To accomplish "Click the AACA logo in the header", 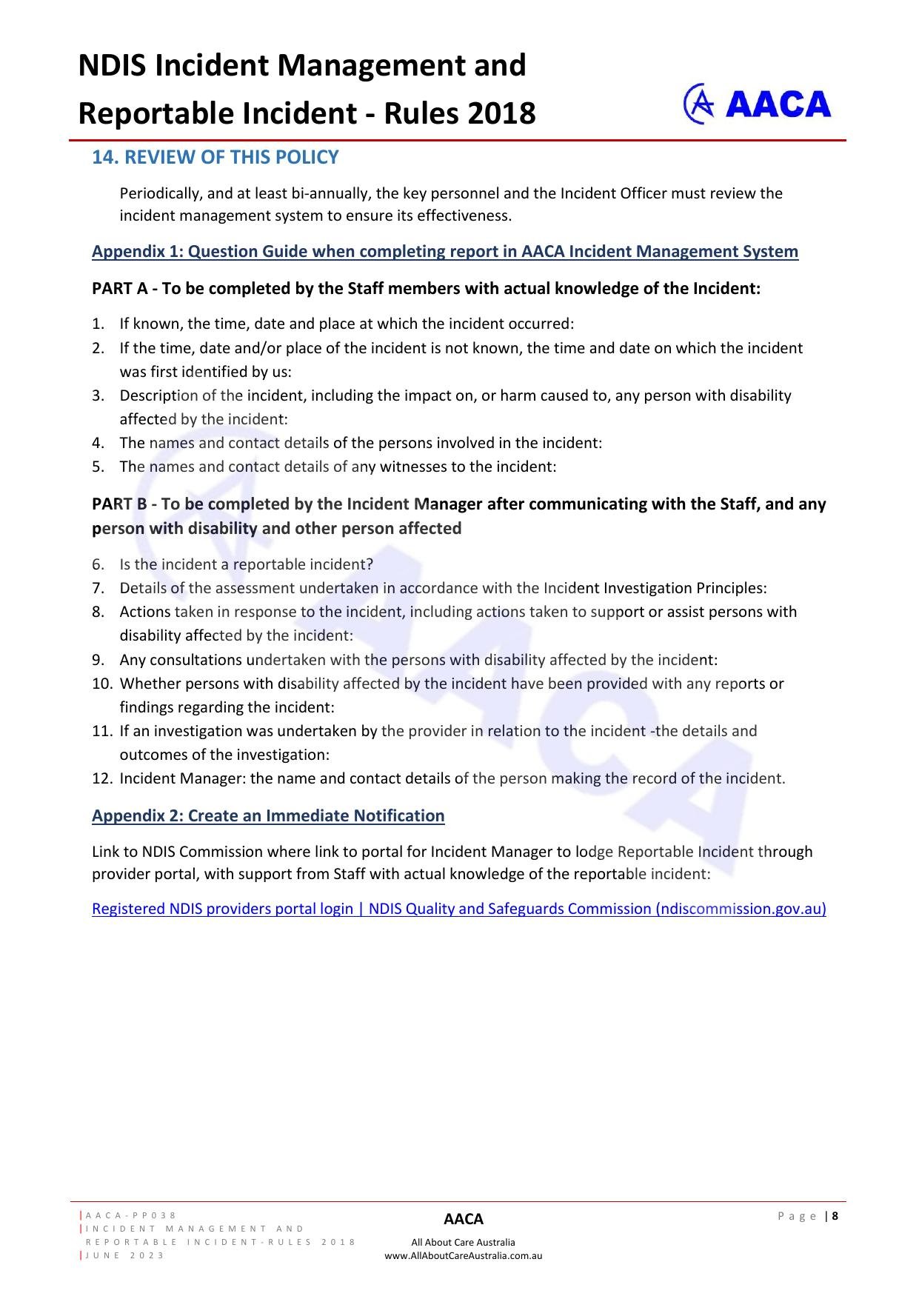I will tap(756, 104).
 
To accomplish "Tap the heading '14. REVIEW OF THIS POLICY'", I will tap(215, 157).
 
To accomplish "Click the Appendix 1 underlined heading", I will tap(444, 251).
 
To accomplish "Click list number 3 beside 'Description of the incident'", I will tap(98, 395).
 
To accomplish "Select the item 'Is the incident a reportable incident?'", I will tap(246, 564).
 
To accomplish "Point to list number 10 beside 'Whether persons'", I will tap(101, 684).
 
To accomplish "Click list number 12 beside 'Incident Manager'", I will tap(101, 778).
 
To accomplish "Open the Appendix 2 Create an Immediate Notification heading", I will tap(268, 815).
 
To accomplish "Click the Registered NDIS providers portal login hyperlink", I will tap(458, 909).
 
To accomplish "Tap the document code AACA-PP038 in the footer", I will tap(131, 1215).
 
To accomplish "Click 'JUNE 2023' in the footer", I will tap(125, 1255).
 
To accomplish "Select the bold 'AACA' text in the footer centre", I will tap(463, 1219).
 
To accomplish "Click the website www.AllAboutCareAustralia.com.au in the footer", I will tap(463, 1255).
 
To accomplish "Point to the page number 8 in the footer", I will tap(835, 1215).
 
